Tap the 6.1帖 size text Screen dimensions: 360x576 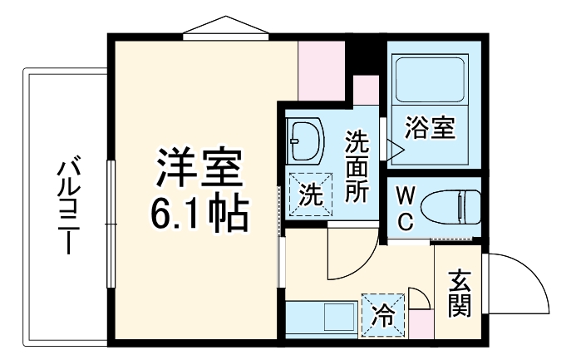[x=199, y=214]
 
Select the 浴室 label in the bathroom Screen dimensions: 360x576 [x=429, y=129]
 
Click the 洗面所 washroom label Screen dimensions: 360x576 [x=357, y=166]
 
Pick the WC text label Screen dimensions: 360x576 [x=404, y=209]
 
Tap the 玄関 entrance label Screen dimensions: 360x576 [x=459, y=293]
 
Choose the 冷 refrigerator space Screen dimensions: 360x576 [x=383, y=316]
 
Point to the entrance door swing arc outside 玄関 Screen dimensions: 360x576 [x=519, y=287]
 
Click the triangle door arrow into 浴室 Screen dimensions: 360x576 [x=394, y=149]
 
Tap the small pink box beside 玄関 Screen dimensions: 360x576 [x=421, y=323]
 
